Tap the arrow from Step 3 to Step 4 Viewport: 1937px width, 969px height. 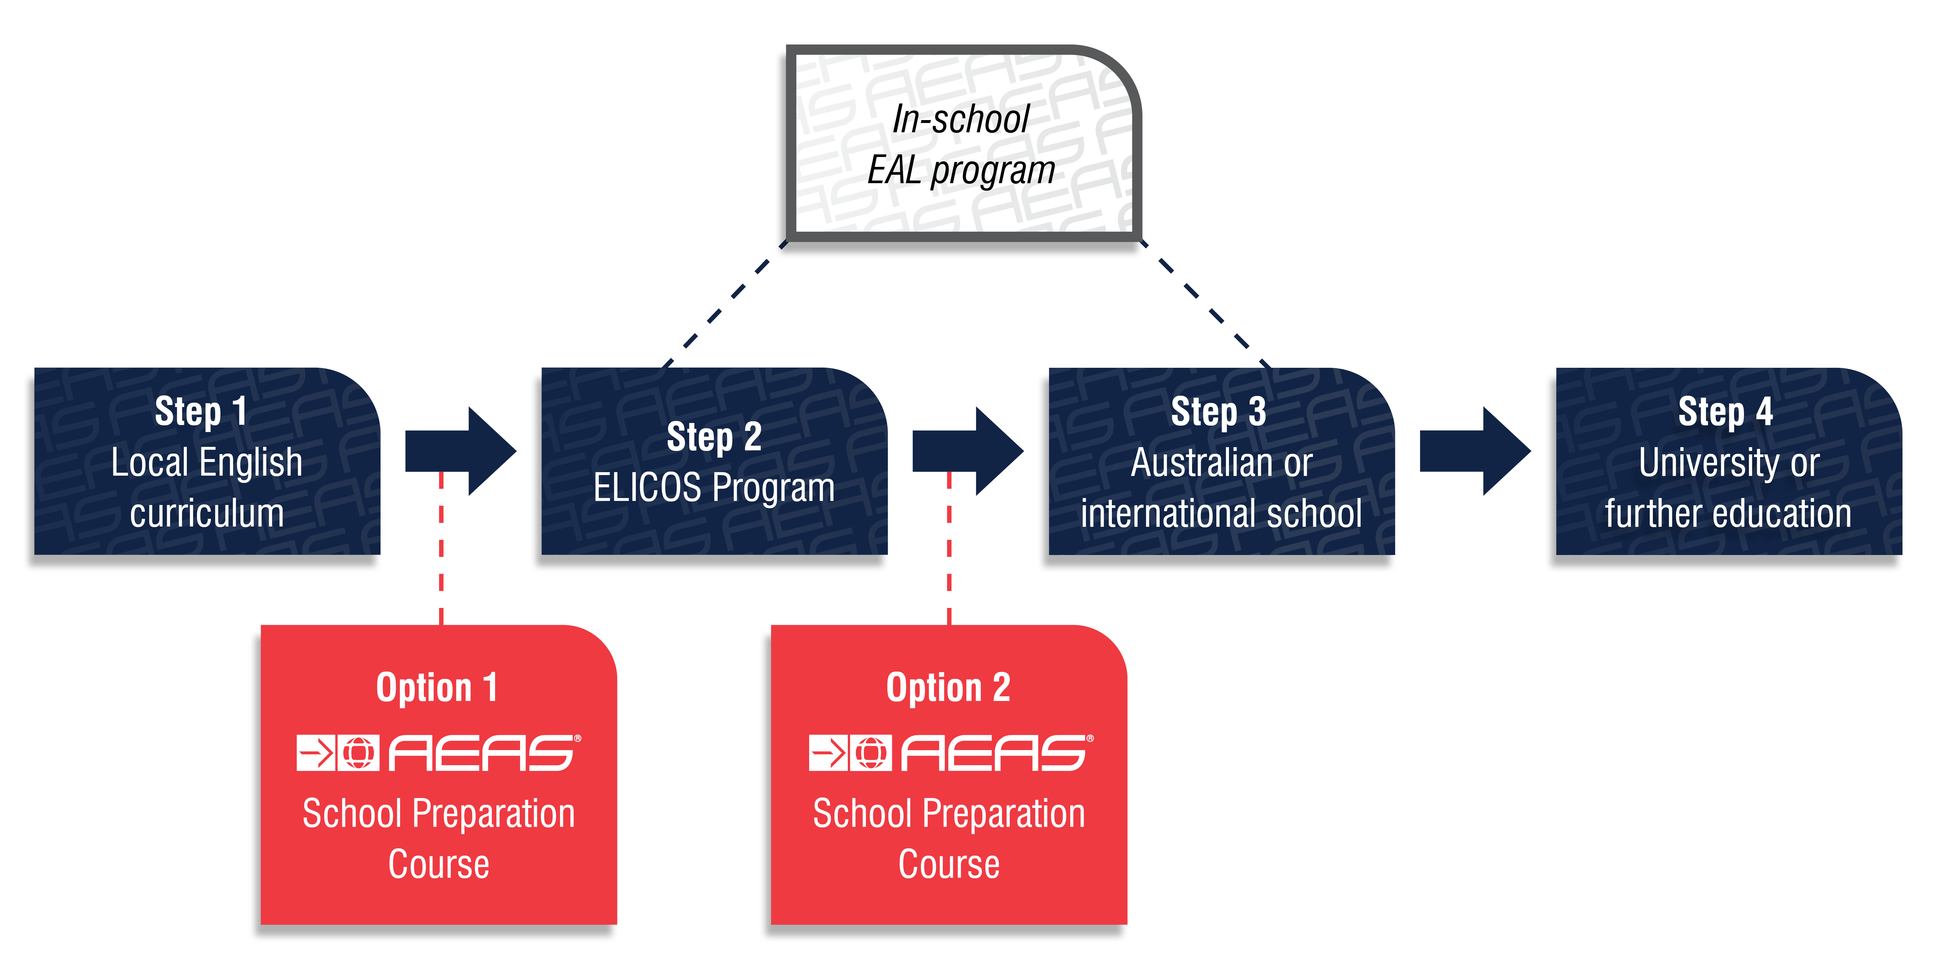(x=1474, y=452)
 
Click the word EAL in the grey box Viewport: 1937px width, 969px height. (x=894, y=170)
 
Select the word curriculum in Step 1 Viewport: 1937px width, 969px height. (x=207, y=514)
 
